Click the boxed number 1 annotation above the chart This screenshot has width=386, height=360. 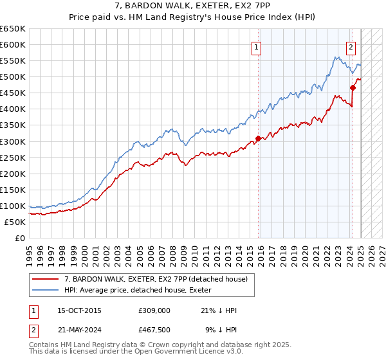256,46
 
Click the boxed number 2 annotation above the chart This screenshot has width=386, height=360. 351,46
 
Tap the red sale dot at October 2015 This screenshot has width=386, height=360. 258,138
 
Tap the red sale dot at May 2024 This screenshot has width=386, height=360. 353,87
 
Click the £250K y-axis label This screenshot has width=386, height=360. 13,157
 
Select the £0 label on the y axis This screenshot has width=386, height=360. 21,238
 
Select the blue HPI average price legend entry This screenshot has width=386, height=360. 141,290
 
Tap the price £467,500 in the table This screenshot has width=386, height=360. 154,330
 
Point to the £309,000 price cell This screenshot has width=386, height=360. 154,310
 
